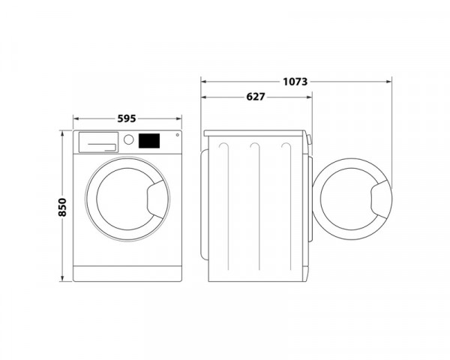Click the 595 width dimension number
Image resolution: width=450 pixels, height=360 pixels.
(127, 117)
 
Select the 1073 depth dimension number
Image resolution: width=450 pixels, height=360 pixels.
(295, 80)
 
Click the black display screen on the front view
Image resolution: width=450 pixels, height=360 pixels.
(150, 140)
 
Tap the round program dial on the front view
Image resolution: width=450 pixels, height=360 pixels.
(128, 140)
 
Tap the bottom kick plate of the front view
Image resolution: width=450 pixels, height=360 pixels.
(127, 272)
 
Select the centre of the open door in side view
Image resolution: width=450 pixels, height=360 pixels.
(349, 201)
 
